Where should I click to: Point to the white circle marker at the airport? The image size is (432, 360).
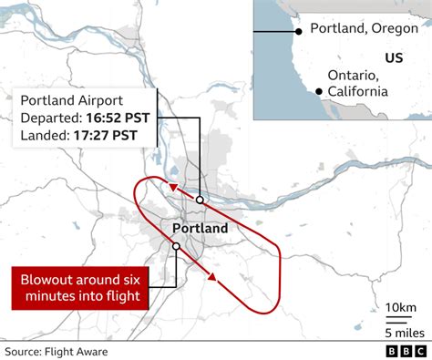(199, 200)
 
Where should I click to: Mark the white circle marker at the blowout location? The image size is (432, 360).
(176, 246)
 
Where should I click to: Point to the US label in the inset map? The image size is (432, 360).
(393, 58)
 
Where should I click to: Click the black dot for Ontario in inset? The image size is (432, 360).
(317, 90)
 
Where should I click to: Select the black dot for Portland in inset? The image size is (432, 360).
(297, 30)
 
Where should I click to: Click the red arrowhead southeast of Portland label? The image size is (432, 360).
(211, 276)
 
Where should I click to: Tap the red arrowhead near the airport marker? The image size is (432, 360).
(170, 188)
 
